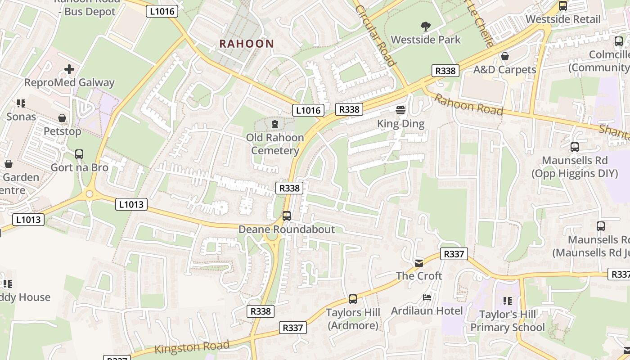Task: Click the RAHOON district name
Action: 246,44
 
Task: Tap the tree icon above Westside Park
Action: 425,27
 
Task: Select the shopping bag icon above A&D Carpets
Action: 505,56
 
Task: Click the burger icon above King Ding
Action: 400,110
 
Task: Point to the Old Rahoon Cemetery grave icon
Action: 275,124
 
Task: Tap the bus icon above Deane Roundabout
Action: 287,216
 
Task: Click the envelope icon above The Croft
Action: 419,263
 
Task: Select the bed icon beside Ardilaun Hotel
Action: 427,297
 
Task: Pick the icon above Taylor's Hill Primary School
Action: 507,301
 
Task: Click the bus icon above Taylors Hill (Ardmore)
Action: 353,299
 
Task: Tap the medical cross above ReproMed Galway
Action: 69,69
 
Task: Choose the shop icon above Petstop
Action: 63,118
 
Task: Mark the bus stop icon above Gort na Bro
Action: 79,154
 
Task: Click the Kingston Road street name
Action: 192,347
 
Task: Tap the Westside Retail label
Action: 562,19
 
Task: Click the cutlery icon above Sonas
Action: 21,104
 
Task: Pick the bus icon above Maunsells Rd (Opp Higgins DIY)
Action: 574,147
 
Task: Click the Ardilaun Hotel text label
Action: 427,311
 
